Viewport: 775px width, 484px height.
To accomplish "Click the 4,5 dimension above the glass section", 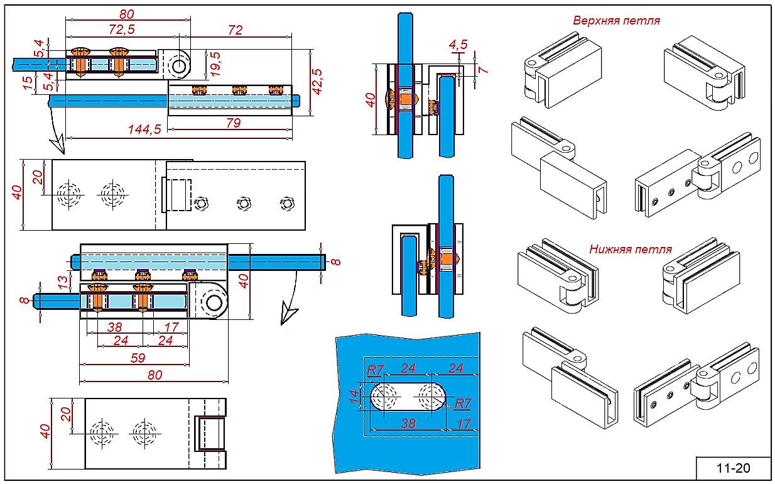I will (458, 45).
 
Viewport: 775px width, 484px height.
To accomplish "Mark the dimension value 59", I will (137, 358).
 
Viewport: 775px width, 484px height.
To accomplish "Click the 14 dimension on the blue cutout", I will (354, 395).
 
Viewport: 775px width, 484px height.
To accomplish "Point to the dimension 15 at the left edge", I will (26, 83).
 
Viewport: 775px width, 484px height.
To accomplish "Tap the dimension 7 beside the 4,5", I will (483, 69).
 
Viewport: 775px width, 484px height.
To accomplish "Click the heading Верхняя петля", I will (616, 20).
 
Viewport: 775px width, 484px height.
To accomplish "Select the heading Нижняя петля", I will (630, 249).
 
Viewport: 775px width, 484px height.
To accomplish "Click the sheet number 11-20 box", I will (733, 468).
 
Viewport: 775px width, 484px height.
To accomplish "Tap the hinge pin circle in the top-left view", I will (179, 66).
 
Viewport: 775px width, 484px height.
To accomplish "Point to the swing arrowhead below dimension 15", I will (58, 145).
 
